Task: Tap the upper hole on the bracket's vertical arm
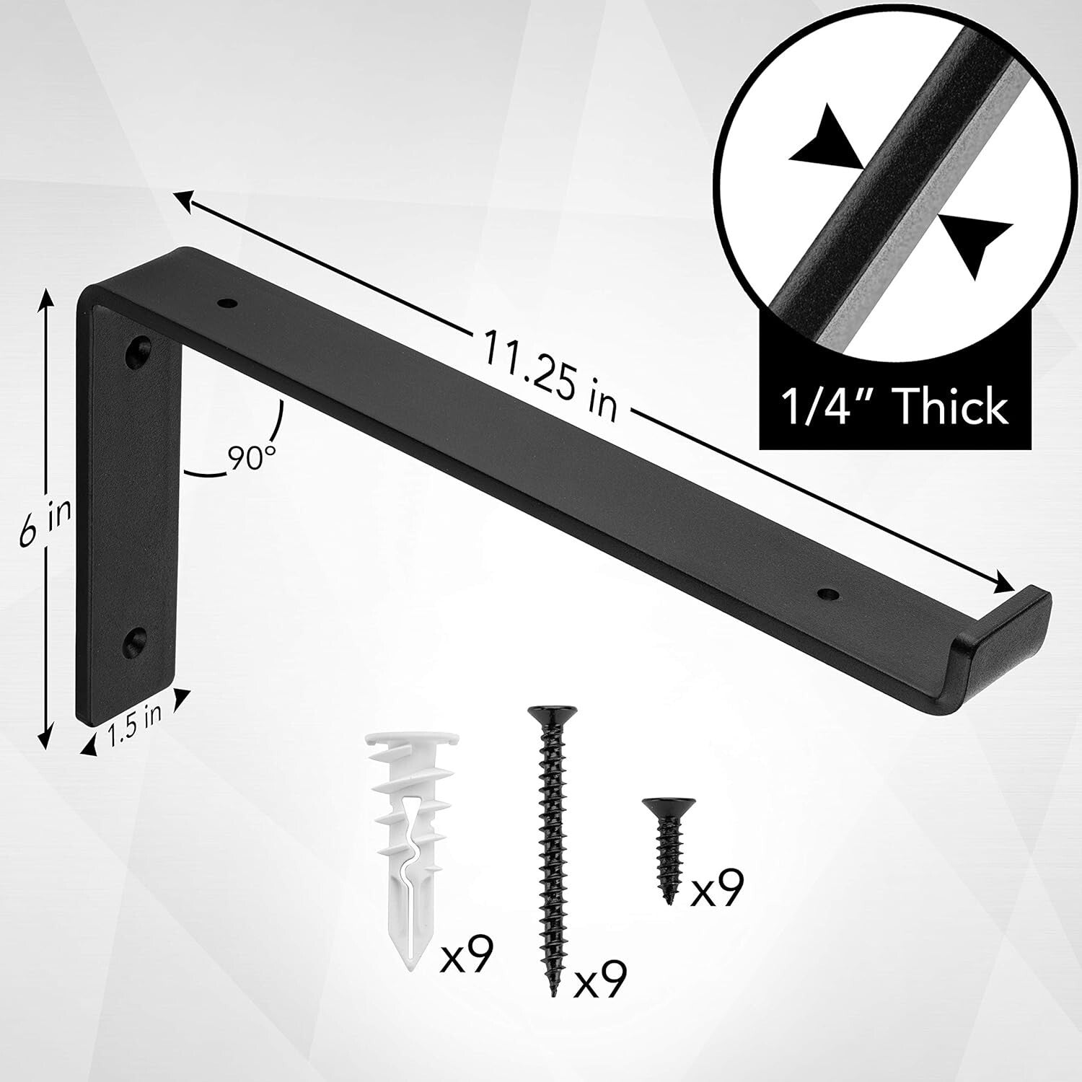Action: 137,349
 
